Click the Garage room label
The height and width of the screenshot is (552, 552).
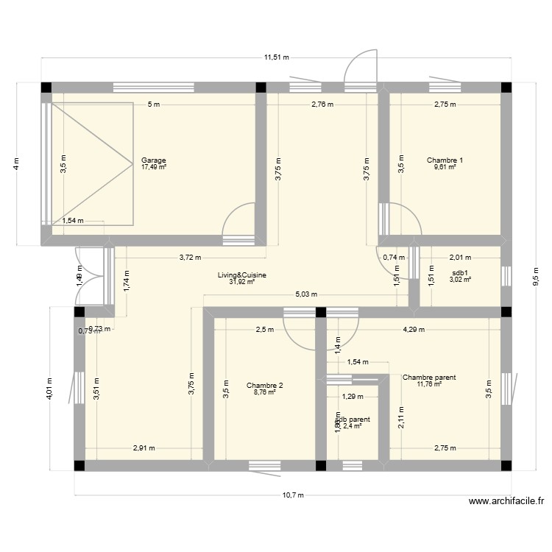[154, 160]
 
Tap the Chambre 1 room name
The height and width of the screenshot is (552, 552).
[445, 160]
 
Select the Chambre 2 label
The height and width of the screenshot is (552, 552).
[264, 386]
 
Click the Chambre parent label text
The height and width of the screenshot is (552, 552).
[429, 378]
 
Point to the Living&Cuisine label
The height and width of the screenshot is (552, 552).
[241, 275]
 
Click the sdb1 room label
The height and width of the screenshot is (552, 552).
[460, 272]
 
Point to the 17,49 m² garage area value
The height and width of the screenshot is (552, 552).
[154, 167]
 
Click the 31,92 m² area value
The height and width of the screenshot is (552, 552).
[241, 282]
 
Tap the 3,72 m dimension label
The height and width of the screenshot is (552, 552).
[191, 257]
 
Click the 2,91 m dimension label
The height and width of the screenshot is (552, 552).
[144, 447]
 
